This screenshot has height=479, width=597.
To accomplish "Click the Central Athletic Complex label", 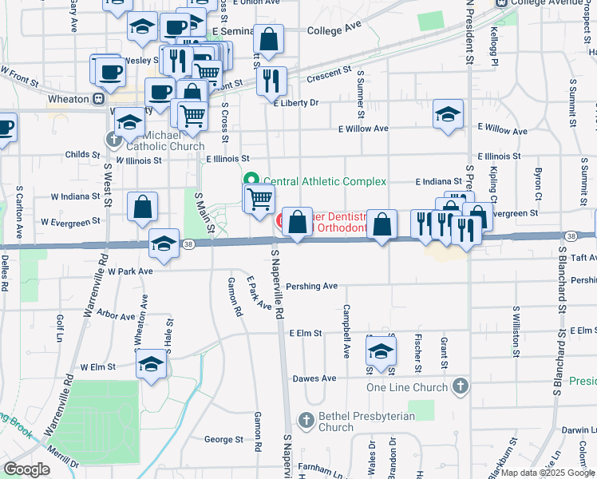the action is click(x=324, y=181).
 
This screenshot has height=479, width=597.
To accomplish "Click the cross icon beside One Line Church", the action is click(x=459, y=387).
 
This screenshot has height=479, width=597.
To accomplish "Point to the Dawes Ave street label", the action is click(x=314, y=378).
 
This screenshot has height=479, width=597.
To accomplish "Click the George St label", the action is click(x=223, y=439).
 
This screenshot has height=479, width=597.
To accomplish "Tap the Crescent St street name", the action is click(x=330, y=73).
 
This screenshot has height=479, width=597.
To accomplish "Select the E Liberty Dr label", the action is click(x=296, y=103).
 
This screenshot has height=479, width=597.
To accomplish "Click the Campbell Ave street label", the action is click(x=346, y=331).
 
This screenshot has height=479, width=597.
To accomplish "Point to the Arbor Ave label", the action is click(x=117, y=316).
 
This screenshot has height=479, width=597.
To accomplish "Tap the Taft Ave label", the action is click(x=583, y=258).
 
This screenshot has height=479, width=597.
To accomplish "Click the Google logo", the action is click(x=26, y=469).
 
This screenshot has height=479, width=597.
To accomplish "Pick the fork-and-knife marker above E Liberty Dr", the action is click(x=272, y=80).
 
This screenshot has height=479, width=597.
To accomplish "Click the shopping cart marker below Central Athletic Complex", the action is click(x=259, y=197).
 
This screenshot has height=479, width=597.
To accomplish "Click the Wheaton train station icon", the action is click(x=98, y=99).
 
